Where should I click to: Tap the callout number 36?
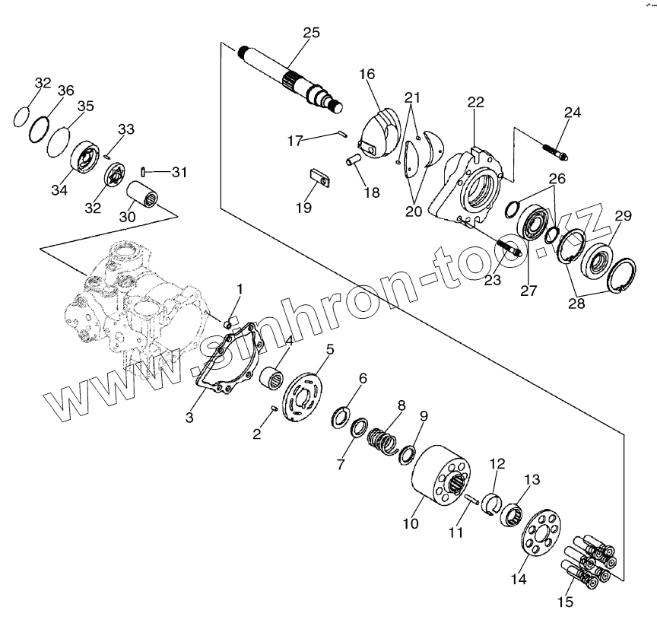tap(65, 91)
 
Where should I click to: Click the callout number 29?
tap(623, 215)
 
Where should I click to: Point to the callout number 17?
tap(296, 140)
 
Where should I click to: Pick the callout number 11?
tap(455, 532)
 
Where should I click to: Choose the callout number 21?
tap(411, 97)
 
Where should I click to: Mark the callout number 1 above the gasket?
tap(240, 289)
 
